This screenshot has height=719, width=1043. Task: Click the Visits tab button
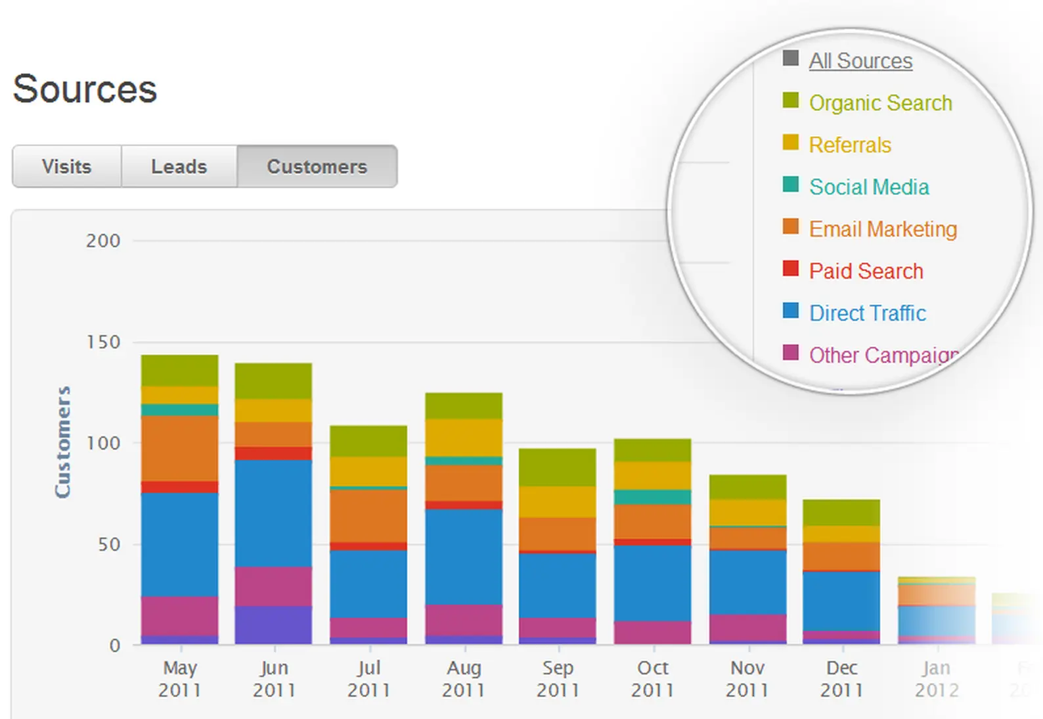tap(66, 166)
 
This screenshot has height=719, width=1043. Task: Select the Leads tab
tap(179, 166)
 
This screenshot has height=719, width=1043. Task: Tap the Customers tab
tap(317, 166)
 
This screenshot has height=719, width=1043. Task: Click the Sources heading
tap(85, 89)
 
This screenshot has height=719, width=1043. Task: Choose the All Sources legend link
tap(860, 61)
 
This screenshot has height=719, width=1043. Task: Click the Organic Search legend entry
tap(880, 103)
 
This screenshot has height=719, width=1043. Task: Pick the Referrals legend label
tap(850, 145)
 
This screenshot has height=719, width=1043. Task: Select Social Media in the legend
tap(868, 187)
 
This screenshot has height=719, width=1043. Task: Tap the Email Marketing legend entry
tap(883, 229)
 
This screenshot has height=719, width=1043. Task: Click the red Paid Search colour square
tap(791, 269)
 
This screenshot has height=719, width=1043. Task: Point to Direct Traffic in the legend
tap(867, 313)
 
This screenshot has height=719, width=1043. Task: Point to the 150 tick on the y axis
tap(103, 342)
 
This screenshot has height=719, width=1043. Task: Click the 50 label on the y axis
tap(109, 545)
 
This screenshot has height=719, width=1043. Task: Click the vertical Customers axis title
tap(62, 442)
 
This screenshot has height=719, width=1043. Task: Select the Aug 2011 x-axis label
tap(464, 679)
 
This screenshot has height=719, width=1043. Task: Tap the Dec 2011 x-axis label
tap(841, 679)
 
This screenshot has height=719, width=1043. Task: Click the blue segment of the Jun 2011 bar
tap(273, 513)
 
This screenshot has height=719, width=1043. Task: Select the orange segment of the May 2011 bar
tap(179, 448)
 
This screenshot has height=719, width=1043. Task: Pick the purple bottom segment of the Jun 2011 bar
tap(273, 624)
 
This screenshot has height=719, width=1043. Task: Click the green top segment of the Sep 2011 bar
tap(557, 467)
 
